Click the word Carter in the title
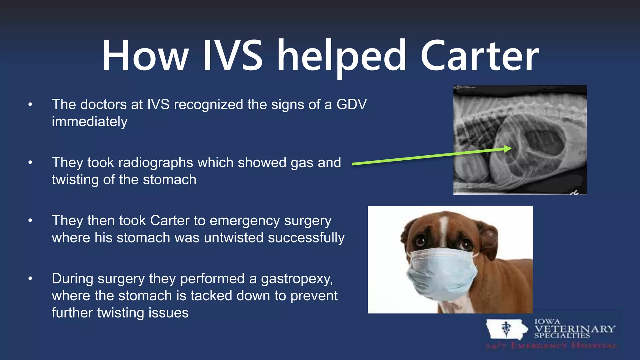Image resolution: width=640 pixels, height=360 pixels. tap(480, 56)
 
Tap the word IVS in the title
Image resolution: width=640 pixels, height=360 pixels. tap(233, 56)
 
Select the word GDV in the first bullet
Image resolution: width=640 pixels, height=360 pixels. tap(352, 104)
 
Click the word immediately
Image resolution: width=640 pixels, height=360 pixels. tap(90, 122)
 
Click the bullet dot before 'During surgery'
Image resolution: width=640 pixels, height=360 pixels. tap(30, 278)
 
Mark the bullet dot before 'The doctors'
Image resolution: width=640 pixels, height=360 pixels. tap(30, 104)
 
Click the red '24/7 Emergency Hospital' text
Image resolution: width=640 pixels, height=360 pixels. tap(551, 346)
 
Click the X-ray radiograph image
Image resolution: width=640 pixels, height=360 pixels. tap(520, 140)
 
